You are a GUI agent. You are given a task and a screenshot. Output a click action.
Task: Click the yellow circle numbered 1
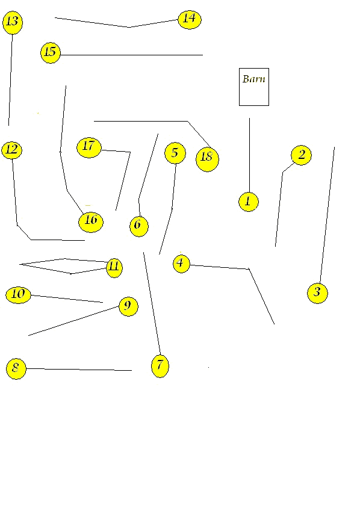[x=249, y=202]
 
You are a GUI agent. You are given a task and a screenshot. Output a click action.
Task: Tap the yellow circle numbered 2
[x=301, y=155]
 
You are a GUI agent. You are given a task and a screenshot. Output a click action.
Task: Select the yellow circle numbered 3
[x=317, y=293]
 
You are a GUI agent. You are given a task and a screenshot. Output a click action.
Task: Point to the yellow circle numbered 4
[x=181, y=263]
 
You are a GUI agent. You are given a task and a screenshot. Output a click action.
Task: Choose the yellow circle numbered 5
[x=175, y=153]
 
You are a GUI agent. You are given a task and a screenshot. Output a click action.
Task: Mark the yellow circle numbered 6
[x=139, y=226]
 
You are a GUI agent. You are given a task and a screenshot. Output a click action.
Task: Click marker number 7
[x=160, y=366]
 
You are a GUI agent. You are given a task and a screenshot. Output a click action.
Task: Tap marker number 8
[x=16, y=368]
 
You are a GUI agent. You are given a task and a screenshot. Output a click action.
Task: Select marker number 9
[x=128, y=306]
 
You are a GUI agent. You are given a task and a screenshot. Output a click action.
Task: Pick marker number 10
[x=19, y=295]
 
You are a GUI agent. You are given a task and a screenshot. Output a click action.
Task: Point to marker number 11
[x=114, y=268]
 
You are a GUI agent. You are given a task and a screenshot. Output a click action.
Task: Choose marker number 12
[x=12, y=150]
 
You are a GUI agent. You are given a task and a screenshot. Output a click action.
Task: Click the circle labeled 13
[x=13, y=22]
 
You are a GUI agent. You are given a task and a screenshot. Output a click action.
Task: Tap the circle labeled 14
[x=190, y=19]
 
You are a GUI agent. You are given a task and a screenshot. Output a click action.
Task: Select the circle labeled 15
[x=51, y=53]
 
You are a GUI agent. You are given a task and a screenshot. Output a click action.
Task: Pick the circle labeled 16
[x=91, y=222]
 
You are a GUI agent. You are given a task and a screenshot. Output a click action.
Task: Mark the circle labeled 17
[x=89, y=147]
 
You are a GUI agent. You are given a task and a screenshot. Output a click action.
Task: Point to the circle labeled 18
[x=207, y=159]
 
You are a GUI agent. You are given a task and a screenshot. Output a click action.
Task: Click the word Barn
[x=253, y=79]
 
